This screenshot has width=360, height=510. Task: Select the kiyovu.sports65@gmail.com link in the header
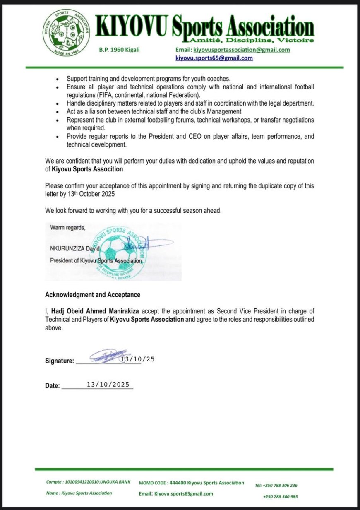coord(214,58)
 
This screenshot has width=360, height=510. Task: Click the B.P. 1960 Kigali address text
coord(119,50)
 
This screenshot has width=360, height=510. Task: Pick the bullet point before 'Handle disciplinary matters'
coord(57,103)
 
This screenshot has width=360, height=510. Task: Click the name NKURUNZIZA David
coord(75,249)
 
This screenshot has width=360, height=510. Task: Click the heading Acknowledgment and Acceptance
coord(93,295)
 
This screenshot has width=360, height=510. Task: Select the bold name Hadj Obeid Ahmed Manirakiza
coord(98,311)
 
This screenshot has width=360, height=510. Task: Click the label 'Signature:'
coord(60,361)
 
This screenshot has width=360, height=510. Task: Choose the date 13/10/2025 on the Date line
coord(108,385)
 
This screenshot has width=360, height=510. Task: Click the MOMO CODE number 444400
coord(178,483)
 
